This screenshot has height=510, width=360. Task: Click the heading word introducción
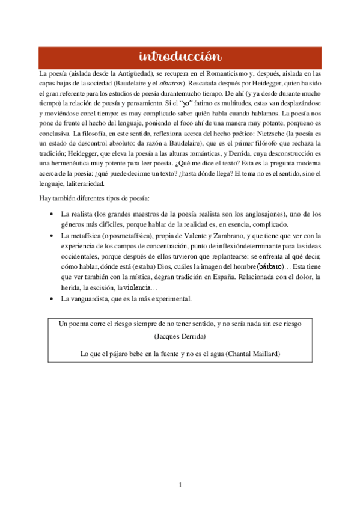point(180,57)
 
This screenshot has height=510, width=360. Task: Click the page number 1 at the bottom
point(180,485)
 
